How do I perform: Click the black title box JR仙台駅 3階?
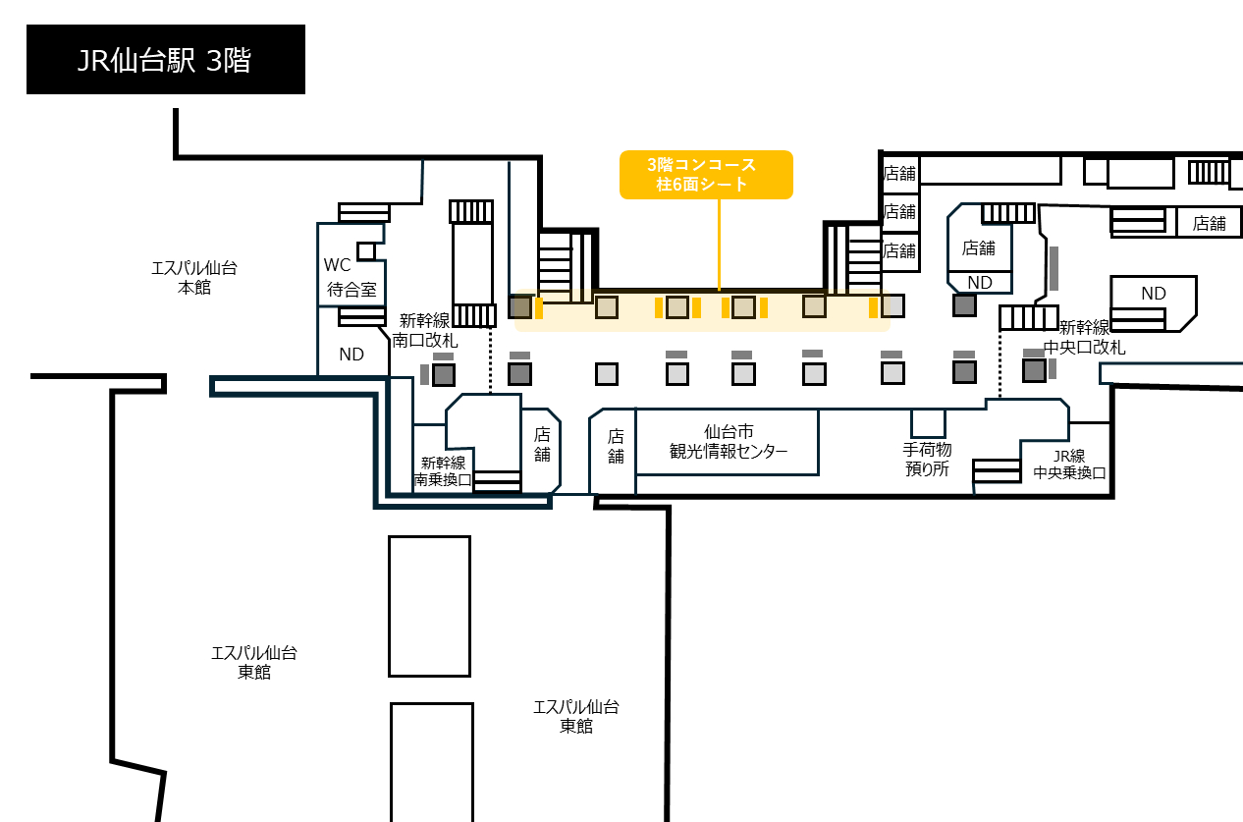165,59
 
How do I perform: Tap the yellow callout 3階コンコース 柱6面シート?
706,174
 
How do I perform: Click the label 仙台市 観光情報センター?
729,442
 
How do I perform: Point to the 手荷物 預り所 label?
927,459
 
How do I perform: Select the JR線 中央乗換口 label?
1069,464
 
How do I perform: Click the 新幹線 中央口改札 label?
1084,338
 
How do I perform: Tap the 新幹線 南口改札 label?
425,330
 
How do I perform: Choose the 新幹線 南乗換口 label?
443,471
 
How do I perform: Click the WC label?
338,265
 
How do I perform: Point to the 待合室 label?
351,289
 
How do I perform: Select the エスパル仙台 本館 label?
194,278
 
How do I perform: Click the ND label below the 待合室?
351,355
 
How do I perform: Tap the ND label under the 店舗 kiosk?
980,283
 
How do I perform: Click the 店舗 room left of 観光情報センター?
613,451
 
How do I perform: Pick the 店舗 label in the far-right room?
1210,223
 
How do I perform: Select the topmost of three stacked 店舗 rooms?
900,174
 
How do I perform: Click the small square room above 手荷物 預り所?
928,423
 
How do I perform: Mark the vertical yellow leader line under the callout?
719,245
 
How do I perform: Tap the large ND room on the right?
1153,303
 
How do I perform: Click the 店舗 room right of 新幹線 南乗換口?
542,451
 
